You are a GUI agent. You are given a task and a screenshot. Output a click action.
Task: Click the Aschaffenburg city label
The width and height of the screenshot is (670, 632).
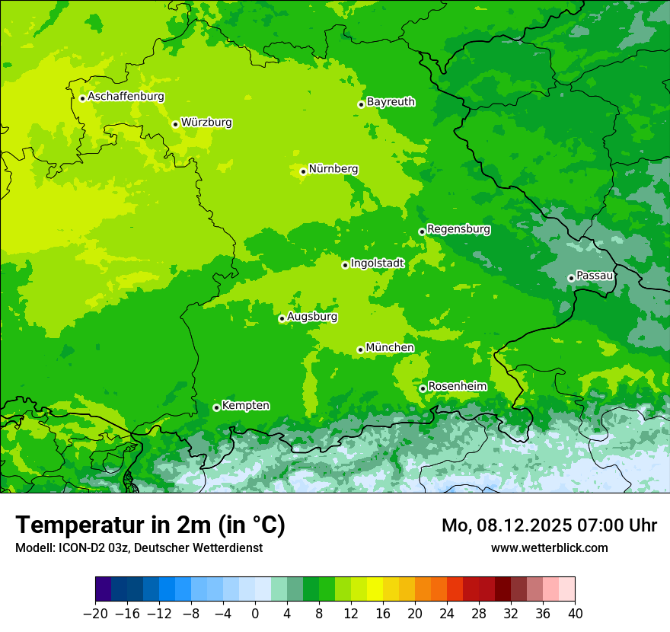tap(126, 97)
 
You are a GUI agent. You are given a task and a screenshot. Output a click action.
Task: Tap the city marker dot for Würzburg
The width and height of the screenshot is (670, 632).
tap(175, 124)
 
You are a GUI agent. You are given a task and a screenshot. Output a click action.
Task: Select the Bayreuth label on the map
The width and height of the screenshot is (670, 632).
tap(391, 101)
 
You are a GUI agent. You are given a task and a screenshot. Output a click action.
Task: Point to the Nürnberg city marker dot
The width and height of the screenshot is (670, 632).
tap(303, 171)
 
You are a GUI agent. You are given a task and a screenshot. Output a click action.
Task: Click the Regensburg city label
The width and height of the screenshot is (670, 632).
tap(458, 228)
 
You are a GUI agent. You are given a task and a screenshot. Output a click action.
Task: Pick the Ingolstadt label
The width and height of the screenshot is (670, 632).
tap(377, 263)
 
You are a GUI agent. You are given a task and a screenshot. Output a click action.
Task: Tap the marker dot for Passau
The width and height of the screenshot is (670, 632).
tap(571, 278)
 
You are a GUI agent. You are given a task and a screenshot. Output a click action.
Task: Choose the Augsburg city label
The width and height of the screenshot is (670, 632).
tap(312, 316)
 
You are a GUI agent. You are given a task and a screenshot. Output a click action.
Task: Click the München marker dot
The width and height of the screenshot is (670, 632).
tap(360, 350)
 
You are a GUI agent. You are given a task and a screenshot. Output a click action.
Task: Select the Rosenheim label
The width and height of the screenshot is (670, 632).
tap(457, 386)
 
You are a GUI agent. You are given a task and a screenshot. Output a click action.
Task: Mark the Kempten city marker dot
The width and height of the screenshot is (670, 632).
tap(216, 407)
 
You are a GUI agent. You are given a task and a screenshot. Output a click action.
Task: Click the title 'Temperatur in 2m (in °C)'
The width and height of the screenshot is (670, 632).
tap(150, 525)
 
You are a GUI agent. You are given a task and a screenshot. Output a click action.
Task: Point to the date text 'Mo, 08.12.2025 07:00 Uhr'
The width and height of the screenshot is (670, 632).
tap(549, 525)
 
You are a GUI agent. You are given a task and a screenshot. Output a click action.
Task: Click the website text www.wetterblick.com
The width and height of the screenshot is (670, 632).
tap(549, 547)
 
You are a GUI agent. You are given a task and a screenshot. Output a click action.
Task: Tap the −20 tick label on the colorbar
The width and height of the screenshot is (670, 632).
tap(95, 613)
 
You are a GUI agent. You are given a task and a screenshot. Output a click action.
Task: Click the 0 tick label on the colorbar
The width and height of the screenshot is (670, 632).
tap(255, 613)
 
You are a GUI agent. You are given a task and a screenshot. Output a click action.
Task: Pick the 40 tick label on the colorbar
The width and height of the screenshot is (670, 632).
tap(575, 613)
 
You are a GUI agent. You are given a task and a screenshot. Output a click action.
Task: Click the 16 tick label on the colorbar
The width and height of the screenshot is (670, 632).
tap(383, 613)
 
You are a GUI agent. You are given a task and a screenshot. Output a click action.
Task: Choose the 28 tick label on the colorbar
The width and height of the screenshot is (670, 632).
tap(479, 613)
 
